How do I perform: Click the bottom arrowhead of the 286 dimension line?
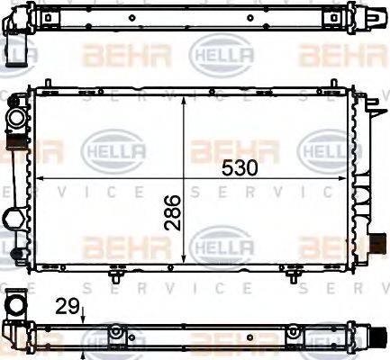pos(185,260)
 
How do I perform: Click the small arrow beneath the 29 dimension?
pos(83,316)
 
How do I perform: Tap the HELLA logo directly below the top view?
pos(208,56)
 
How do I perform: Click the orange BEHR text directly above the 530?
pos(222,147)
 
